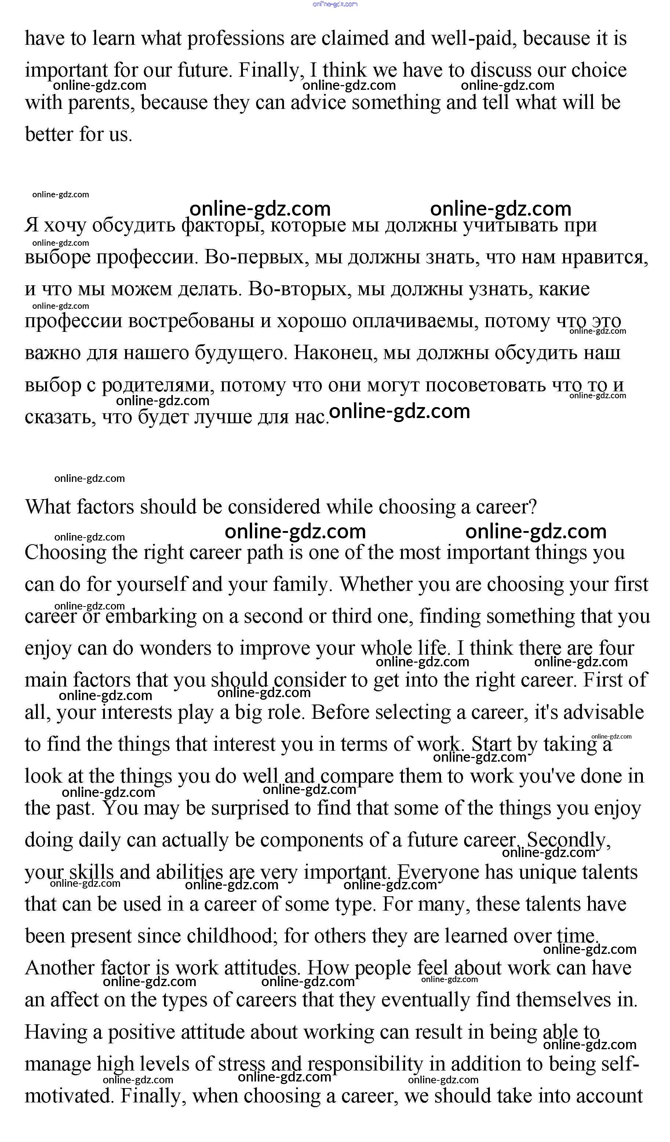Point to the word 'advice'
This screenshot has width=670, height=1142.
(x=318, y=103)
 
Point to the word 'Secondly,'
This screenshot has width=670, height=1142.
(x=568, y=841)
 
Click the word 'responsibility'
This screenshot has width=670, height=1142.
(x=365, y=1064)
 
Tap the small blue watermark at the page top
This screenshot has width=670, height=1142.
(x=335, y=4)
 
